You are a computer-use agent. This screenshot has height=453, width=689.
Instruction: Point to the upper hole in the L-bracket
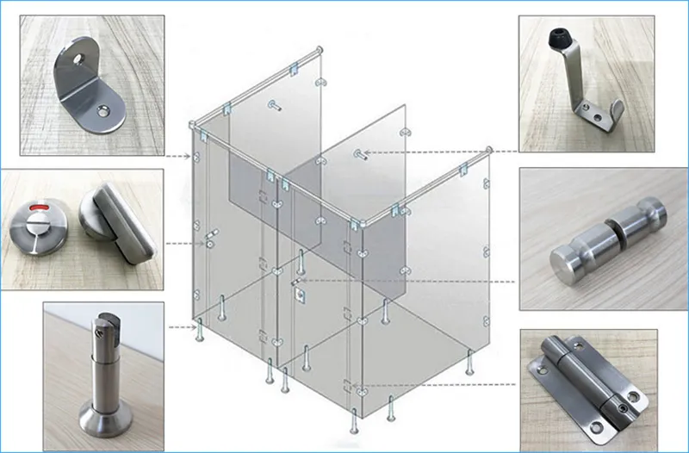82,61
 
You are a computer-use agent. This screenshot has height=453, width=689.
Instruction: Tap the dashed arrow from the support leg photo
181,327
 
